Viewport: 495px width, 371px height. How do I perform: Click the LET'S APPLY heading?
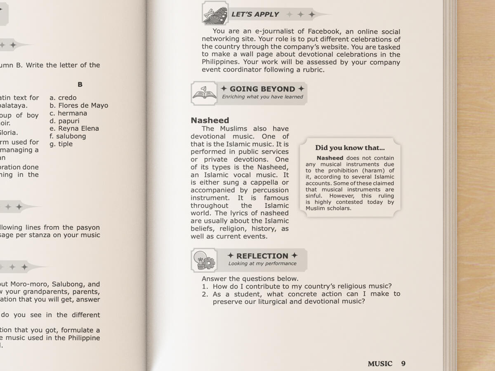coord(255,14)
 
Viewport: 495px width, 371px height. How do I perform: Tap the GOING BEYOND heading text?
coord(262,89)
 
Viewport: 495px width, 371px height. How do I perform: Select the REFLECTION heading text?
coord(262,256)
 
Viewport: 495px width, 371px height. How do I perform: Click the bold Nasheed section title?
coord(210,120)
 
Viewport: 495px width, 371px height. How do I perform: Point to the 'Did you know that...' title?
coord(350,148)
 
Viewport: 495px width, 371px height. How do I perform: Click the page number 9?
coord(403,364)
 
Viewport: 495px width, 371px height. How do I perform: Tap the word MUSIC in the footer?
coord(380,364)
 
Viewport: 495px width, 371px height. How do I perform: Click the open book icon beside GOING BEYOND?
coord(204,93)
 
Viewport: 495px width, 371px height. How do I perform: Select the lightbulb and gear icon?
coord(204,260)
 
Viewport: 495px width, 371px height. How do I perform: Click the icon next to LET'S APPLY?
coord(215,13)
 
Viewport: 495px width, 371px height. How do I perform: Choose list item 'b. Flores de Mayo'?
coord(79,106)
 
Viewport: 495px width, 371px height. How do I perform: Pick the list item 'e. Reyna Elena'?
coord(74,128)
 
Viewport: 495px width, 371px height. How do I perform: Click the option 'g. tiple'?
coord(61,144)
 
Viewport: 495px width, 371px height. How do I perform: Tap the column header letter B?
coord(80,85)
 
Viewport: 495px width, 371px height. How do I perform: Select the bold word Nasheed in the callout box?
coord(330,158)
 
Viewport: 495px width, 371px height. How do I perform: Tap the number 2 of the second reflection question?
coord(205,294)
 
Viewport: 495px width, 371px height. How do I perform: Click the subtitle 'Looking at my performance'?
coord(262,264)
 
